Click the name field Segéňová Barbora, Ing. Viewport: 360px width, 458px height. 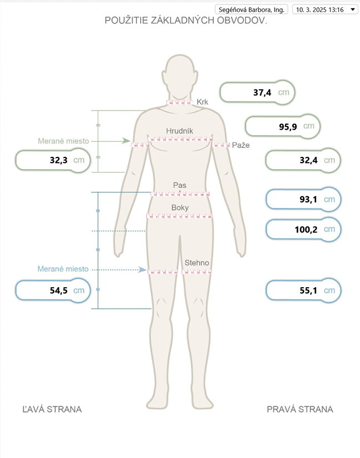point(251,9)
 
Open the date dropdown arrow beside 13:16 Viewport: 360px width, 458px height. point(353,9)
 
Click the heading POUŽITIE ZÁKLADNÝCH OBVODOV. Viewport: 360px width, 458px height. point(186,21)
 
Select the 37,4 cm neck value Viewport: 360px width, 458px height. point(257,93)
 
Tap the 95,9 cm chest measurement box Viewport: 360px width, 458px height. point(282,126)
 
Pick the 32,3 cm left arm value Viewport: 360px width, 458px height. point(53,160)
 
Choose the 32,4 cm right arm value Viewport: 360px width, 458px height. point(303,160)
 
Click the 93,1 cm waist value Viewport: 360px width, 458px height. point(303,199)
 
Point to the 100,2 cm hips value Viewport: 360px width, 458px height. point(303,230)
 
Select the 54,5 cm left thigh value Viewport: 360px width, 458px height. point(53,291)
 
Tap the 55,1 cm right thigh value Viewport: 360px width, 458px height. point(303,291)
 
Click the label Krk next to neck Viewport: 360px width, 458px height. point(202,102)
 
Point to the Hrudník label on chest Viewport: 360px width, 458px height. point(180,131)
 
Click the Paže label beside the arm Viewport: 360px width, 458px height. point(241,145)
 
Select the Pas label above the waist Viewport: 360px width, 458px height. point(180,185)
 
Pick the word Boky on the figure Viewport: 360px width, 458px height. point(180,208)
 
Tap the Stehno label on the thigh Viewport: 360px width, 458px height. point(197,263)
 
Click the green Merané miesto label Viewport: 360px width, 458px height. point(63,141)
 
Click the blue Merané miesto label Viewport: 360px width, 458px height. point(63,269)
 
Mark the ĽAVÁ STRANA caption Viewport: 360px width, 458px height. point(52,409)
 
